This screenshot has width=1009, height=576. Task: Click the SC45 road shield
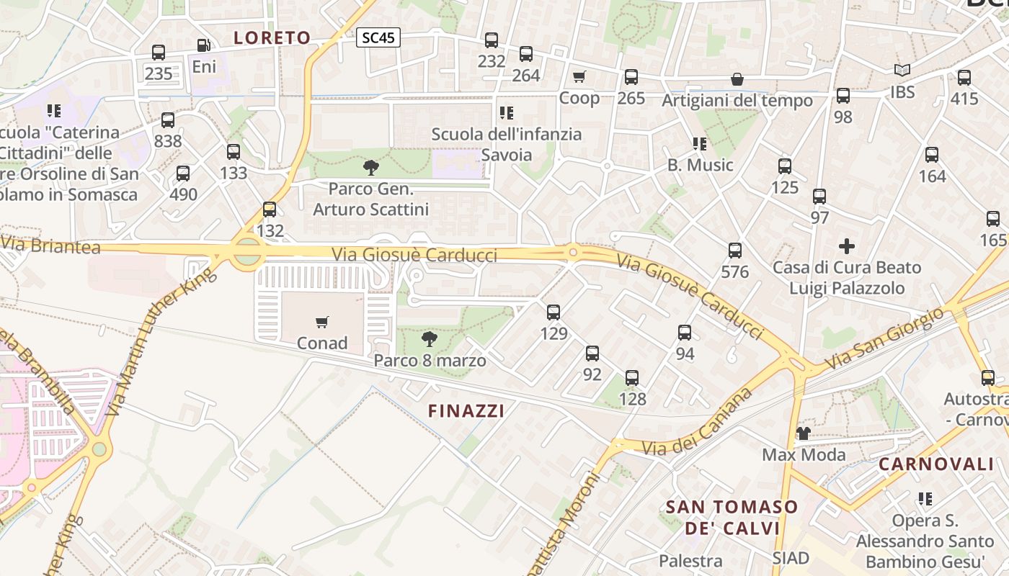tap(378, 38)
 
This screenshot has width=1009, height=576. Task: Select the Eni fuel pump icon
tap(204, 45)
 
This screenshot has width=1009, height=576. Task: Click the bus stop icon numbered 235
tap(159, 52)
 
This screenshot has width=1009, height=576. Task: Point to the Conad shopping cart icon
tap(322, 322)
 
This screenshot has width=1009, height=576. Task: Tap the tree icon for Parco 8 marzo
tap(430, 338)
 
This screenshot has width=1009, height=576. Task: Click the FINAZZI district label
tap(466, 411)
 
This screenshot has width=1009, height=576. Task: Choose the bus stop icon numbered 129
tap(554, 312)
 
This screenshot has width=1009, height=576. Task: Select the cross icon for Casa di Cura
tap(847, 246)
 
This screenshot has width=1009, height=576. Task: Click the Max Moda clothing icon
tap(804, 433)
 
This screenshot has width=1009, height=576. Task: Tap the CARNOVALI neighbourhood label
tap(935, 464)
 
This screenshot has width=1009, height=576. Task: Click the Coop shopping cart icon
tap(579, 76)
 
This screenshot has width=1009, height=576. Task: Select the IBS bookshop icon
tap(902, 71)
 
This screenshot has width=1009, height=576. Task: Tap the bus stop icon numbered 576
tap(735, 251)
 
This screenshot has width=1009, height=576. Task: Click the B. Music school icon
tap(699, 144)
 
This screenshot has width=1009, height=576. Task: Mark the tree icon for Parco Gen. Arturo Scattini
tap(371, 168)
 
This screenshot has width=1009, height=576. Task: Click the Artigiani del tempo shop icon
tap(737, 79)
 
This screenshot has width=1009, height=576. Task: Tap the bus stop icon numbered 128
tap(632, 377)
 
